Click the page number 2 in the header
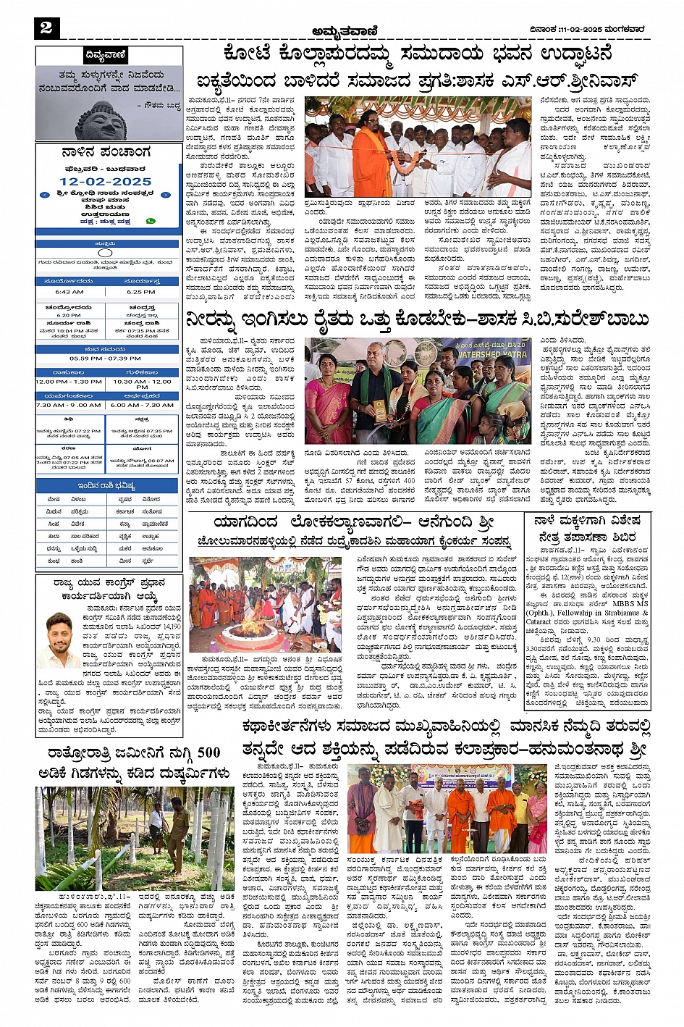tap(46, 28)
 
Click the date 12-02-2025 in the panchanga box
tap(106, 182)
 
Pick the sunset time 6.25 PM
tap(141, 292)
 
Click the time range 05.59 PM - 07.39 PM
tap(106, 358)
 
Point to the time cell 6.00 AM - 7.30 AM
tap(142, 405)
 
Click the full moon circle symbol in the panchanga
tap(106, 253)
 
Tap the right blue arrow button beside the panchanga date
tap(166, 195)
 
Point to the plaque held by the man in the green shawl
tap(378, 409)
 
